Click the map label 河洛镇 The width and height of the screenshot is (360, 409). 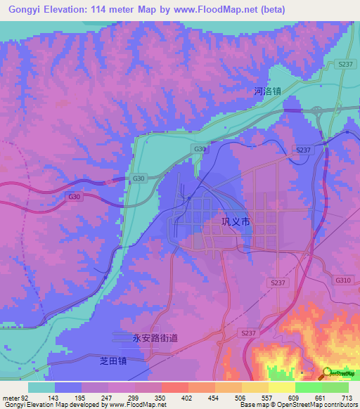[x=267, y=91]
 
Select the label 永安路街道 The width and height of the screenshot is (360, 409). [x=155, y=338]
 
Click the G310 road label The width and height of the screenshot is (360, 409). [x=343, y=280]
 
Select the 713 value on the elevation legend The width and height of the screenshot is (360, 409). [x=347, y=397]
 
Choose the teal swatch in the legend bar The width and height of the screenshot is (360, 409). [x=41, y=387]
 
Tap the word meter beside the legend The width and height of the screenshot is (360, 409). [x=12, y=397]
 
